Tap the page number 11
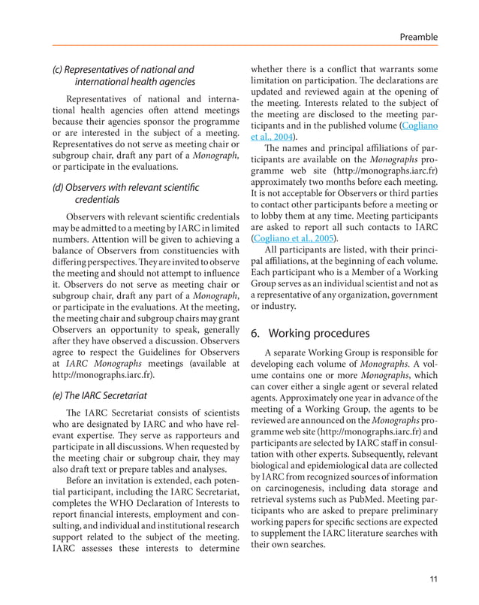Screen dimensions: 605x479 coord(434,578)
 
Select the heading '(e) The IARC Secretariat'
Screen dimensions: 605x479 coord(99,395)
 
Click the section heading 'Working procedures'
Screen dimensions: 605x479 coord(318,332)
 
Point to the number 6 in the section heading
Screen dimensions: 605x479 coord(255,332)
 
